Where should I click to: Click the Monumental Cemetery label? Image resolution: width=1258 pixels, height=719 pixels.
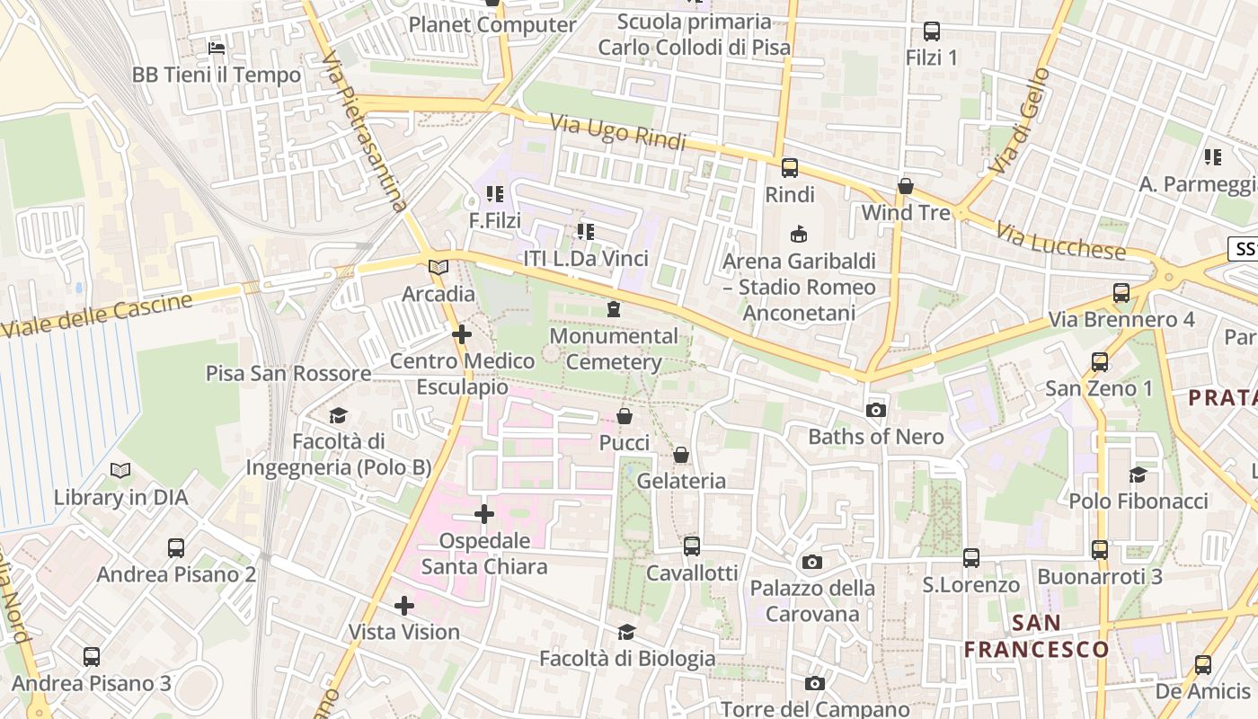(x=615, y=349)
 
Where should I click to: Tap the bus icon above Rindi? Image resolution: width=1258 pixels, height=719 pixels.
(x=790, y=168)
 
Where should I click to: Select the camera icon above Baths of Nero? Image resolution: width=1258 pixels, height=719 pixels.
(x=875, y=411)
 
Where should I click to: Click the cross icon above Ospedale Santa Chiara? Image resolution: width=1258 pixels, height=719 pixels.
(x=484, y=514)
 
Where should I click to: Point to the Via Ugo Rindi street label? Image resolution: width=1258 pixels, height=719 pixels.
(x=617, y=132)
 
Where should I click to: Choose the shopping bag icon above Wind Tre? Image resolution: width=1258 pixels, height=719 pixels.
(x=906, y=186)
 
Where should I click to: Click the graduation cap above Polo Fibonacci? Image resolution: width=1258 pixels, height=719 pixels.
(x=1138, y=475)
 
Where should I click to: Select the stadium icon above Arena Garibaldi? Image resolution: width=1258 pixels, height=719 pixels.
(x=798, y=235)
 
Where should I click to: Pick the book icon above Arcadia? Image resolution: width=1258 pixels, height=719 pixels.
(x=438, y=267)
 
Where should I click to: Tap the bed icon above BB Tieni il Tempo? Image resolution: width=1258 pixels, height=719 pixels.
(x=217, y=48)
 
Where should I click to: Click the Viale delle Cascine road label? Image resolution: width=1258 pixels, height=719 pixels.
(x=96, y=315)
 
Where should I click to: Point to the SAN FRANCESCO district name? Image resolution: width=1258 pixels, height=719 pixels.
(x=1037, y=635)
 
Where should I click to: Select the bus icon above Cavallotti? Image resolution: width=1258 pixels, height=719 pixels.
(x=692, y=546)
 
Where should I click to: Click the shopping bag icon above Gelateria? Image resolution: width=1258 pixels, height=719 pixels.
(x=681, y=455)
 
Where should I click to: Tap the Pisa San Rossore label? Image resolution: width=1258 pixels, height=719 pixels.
(x=288, y=373)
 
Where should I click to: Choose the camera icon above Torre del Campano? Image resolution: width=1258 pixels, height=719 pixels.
(x=815, y=683)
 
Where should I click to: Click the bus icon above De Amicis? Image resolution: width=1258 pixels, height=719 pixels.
(x=1203, y=665)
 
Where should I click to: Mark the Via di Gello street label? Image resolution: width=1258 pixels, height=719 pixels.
(x=1019, y=120)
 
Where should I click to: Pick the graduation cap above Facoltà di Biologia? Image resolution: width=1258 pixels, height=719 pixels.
(x=626, y=633)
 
